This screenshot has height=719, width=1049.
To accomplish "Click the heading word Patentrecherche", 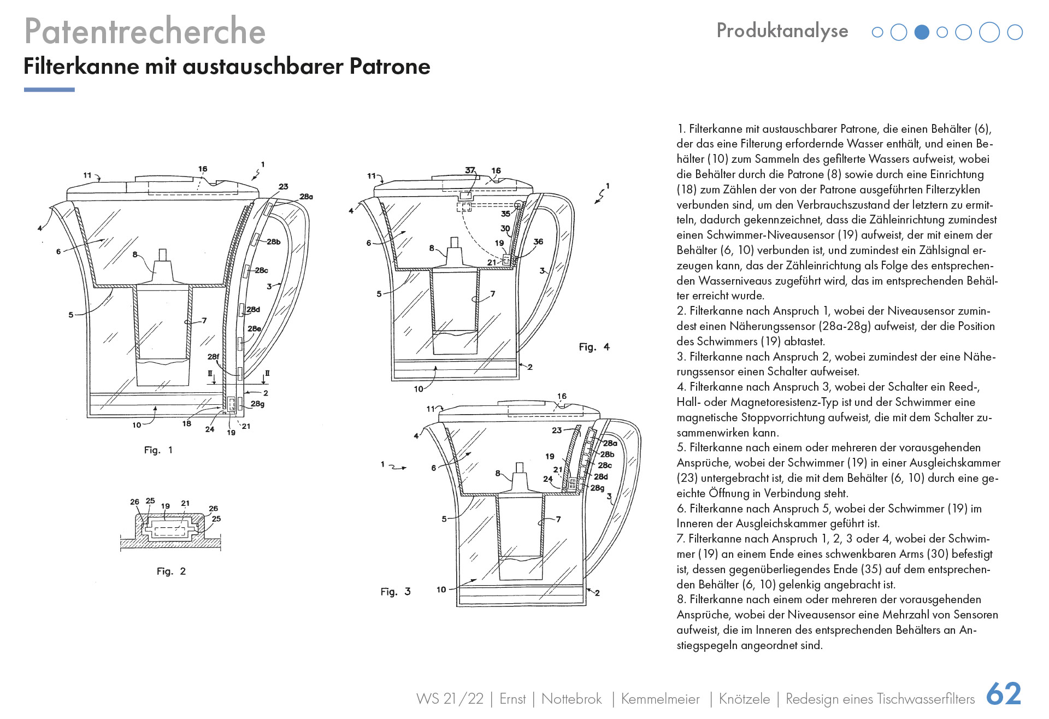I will tap(145, 31).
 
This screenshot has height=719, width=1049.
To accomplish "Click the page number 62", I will tap(1004, 694).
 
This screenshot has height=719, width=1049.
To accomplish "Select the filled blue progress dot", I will tap(921, 33).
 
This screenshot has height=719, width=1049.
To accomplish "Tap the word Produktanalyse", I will tap(782, 31).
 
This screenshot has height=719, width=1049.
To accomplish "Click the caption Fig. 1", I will tap(158, 450).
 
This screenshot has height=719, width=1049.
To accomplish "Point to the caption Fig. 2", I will tap(171, 571).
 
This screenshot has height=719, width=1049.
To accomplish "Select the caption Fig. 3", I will tap(395, 592).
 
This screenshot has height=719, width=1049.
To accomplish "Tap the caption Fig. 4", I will tap(594, 347).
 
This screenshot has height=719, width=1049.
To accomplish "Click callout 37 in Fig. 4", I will tap(470, 170).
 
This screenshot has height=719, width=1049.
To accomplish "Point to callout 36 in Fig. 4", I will tap(538, 241).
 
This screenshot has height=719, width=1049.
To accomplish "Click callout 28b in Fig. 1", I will tap(273, 241).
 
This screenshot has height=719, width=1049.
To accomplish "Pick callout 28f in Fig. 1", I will tap(213, 357).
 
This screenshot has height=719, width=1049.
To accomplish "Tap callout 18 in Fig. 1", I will tap(187, 423).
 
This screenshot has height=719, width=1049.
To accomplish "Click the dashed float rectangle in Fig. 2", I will tap(169, 530).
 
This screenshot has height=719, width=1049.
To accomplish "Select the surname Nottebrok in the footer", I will tap(571, 699).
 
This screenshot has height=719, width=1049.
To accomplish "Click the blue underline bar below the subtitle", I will tap(49, 90).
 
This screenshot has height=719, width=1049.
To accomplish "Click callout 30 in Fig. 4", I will tap(505, 228).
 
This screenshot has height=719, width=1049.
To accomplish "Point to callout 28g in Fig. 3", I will tap(597, 487).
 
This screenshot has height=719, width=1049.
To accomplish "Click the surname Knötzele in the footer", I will tap(744, 699).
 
